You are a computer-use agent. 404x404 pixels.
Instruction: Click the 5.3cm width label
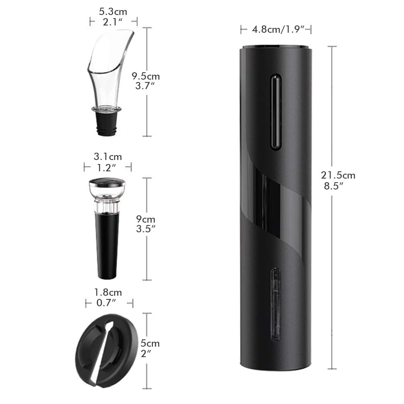coord(113,12)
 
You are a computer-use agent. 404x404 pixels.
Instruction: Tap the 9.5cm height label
coord(146,76)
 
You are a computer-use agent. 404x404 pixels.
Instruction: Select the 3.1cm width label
coord(108,157)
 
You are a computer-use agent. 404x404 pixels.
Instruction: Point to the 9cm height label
coord(145,219)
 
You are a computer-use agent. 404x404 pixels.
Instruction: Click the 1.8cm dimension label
coord(108,292)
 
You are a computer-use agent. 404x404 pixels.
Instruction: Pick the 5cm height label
coord(150,343)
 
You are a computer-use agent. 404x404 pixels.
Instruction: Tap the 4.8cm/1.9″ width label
coord(278,29)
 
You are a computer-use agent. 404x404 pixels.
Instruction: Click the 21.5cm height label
coord(338,175)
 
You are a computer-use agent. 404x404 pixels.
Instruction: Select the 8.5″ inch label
coord(334,186)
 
